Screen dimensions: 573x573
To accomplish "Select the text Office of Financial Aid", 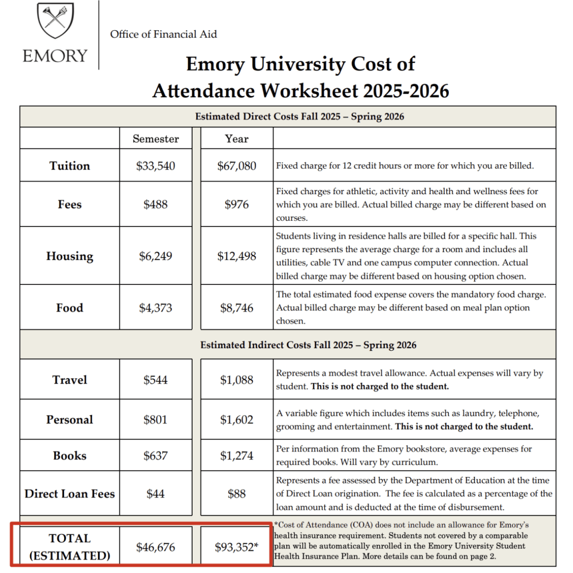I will [163, 34].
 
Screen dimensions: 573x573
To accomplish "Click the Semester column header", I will [155, 139].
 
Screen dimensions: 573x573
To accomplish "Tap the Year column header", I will [236, 139].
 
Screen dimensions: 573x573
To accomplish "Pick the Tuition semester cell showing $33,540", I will [155, 166].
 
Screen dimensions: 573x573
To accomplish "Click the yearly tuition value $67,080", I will [237, 166].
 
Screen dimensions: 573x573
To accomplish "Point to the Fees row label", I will [70, 204].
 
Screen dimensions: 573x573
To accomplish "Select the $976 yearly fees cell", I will [237, 204].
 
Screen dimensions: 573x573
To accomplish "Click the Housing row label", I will [70, 256].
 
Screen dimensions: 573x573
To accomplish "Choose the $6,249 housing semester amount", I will [155, 256].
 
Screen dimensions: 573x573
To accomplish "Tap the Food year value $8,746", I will [237, 308].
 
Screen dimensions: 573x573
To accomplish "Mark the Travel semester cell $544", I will [155, 380].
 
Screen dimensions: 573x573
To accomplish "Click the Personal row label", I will [70, 420].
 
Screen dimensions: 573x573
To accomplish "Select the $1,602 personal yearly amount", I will [237, 420].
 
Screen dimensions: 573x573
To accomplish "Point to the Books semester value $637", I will [155, 456].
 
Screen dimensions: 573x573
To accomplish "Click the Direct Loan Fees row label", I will [70, 494].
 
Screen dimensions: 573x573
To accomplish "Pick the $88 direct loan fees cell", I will [237, 494].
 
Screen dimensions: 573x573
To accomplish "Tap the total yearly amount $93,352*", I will [237, 546].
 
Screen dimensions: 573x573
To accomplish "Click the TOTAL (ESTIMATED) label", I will [70, 546].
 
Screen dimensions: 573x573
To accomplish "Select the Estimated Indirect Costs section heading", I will [308, 345].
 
